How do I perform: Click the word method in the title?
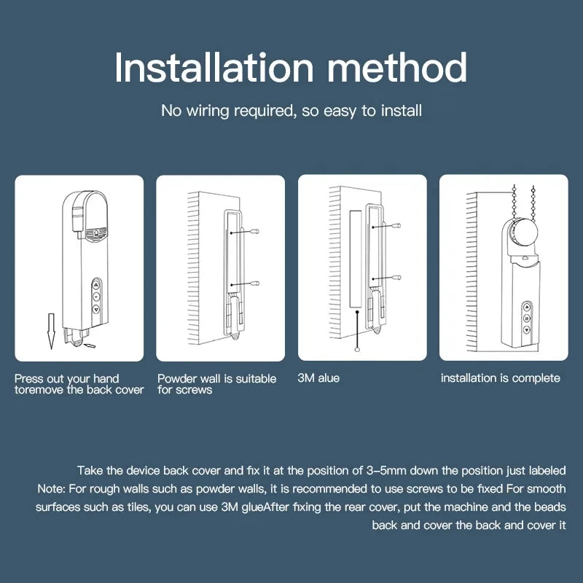(x=398, y=68)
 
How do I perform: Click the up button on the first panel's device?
(x=96, y=286)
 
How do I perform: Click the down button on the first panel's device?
(x=96, y=309)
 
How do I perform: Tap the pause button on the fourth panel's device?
(x=525, y=318)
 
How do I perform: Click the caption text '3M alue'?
(x=318, y=378)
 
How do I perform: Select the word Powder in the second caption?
(x=177, y=379)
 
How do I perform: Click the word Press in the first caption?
(x=29, y=379)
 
